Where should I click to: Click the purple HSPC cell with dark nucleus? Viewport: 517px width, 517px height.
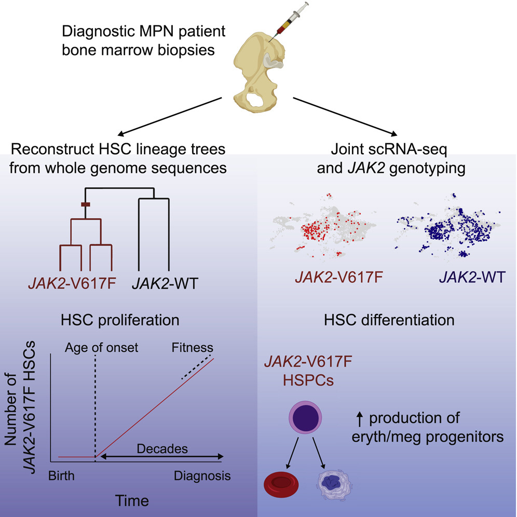tap(305, 417)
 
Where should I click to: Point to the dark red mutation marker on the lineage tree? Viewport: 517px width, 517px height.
tap(86, 205)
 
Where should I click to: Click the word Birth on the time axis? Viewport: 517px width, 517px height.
tap(61, 476)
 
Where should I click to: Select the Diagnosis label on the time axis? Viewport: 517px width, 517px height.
tap(202, 476)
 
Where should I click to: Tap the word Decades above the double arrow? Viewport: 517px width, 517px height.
tap(162, 449)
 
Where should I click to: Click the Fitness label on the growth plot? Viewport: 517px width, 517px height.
tap(192, 348)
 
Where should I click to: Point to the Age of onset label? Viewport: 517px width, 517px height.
tap(101, 348)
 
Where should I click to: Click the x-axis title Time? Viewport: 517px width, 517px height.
tap(132, 501)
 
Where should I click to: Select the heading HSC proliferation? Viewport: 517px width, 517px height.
tap(120, 320)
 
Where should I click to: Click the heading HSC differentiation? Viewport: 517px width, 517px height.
tap(389, 320)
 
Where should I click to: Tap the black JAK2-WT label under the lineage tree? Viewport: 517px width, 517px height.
tap(165, 283)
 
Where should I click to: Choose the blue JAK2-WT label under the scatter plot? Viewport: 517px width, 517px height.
tap(472, 277)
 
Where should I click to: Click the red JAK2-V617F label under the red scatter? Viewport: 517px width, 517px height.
tap(339, 277)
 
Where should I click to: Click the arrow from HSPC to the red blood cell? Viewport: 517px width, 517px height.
tap(292, 453)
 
